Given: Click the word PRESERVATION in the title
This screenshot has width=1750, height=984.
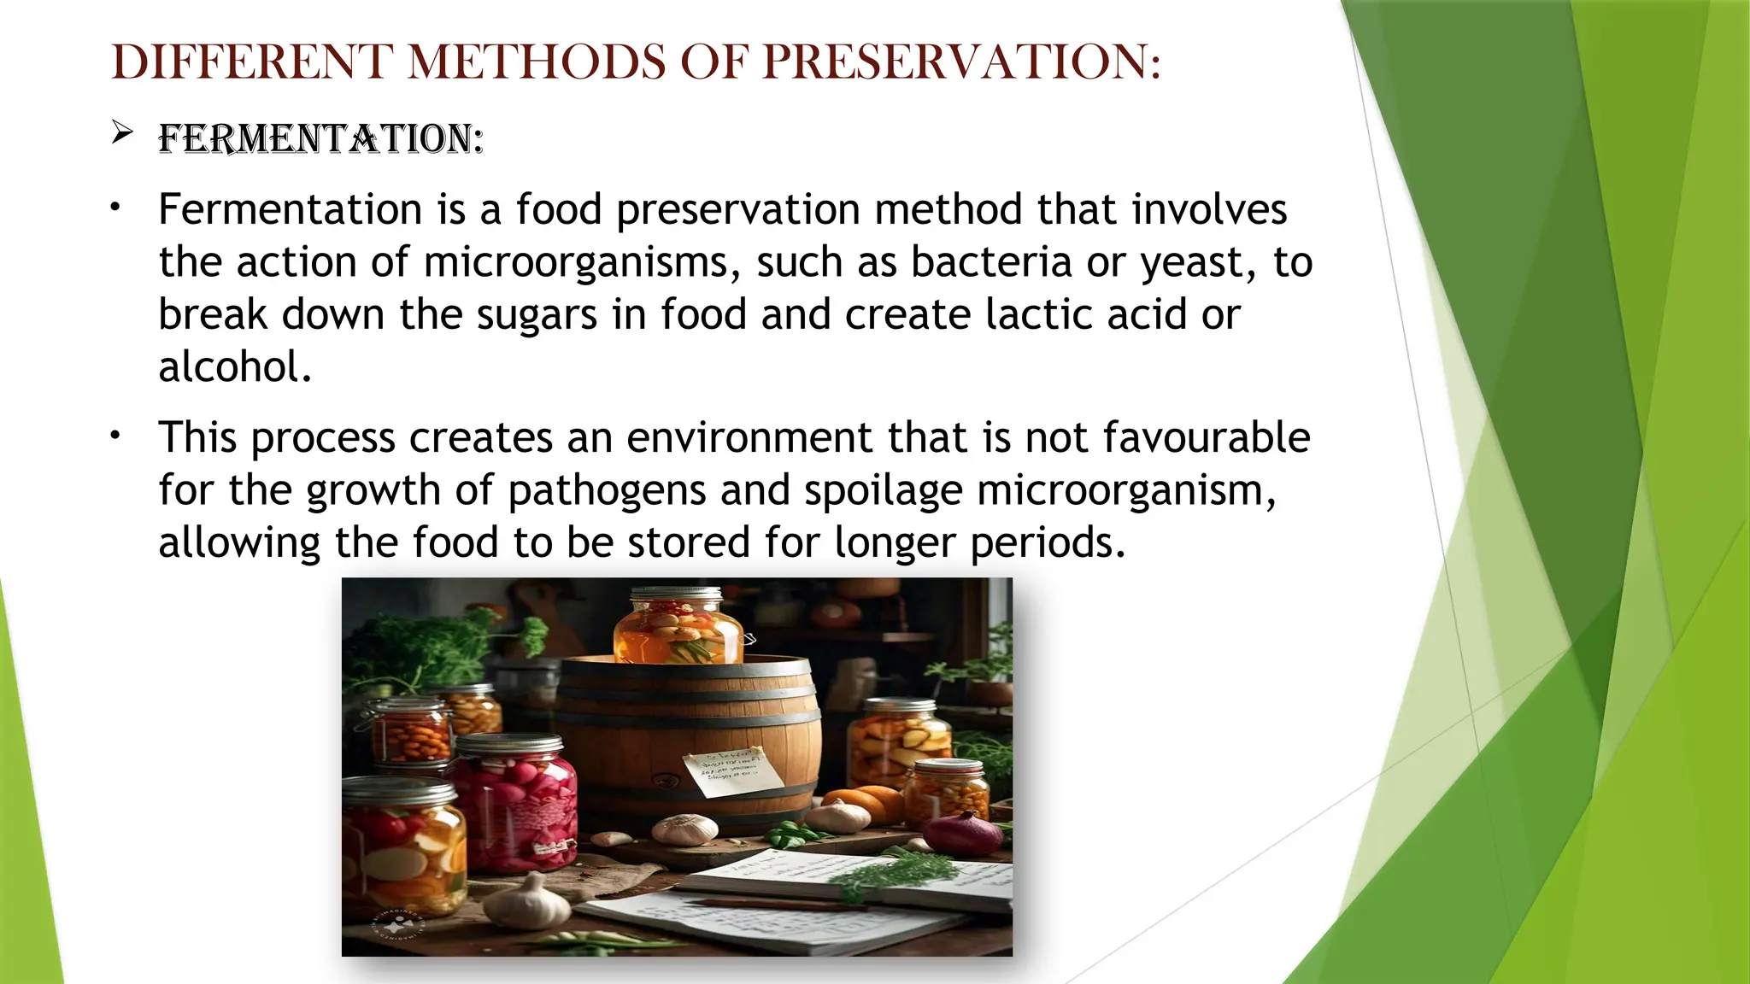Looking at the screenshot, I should [x=961, y=62].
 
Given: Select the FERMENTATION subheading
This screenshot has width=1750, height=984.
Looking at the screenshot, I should [x=320, y=139].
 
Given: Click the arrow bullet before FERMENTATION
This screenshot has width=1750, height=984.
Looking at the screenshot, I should [x=122, y=132].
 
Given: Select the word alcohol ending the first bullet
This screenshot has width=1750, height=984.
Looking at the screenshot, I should [x=235, y=367].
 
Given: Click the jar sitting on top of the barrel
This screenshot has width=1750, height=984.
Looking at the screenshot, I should [x=679, y=628].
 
